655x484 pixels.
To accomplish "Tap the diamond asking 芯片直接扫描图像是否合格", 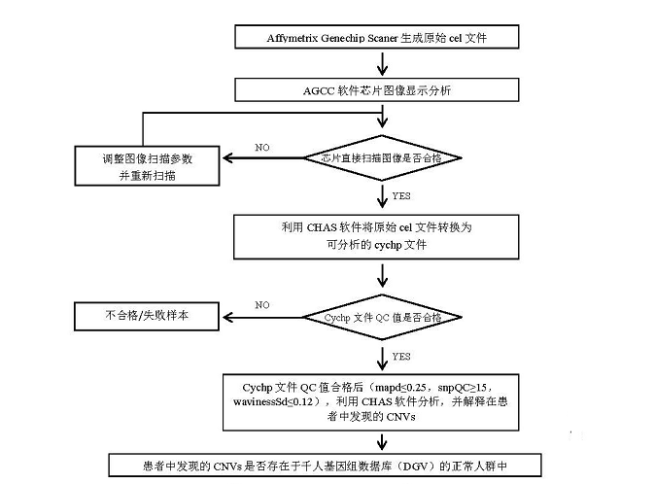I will coord(383,157).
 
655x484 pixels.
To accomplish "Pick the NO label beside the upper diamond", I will coord(262,147).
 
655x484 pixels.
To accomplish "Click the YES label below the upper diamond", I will coord(401,195).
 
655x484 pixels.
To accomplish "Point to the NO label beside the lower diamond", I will coord(262,305).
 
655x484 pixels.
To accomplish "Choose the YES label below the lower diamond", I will coord(401,355).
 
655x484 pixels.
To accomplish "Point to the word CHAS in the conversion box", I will coord(321,227).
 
